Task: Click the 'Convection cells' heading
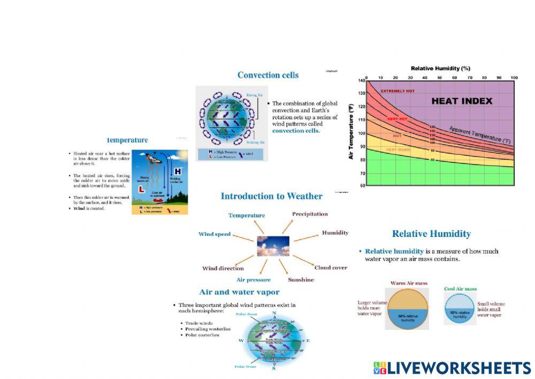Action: click(267, 75)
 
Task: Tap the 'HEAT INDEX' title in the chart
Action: click(462, 101)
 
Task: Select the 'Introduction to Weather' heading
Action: click(271, 196)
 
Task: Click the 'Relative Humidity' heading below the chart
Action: click(431, 234)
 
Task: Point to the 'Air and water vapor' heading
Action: click(239, 292)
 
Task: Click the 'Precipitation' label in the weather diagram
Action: click(310, 214)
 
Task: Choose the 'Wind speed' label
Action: click(215, 234)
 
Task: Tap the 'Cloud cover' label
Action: click(331, 267)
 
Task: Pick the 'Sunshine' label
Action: click(301, 280)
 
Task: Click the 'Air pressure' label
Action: click(253, 280)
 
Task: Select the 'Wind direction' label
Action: click(223, 268)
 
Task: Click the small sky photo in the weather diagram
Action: click(273, 246)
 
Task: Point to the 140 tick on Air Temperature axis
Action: click(362, 80)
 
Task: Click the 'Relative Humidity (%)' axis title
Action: click(440, 69)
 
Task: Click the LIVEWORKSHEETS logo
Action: click(452, 368)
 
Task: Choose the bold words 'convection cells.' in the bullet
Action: click(296, 130)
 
